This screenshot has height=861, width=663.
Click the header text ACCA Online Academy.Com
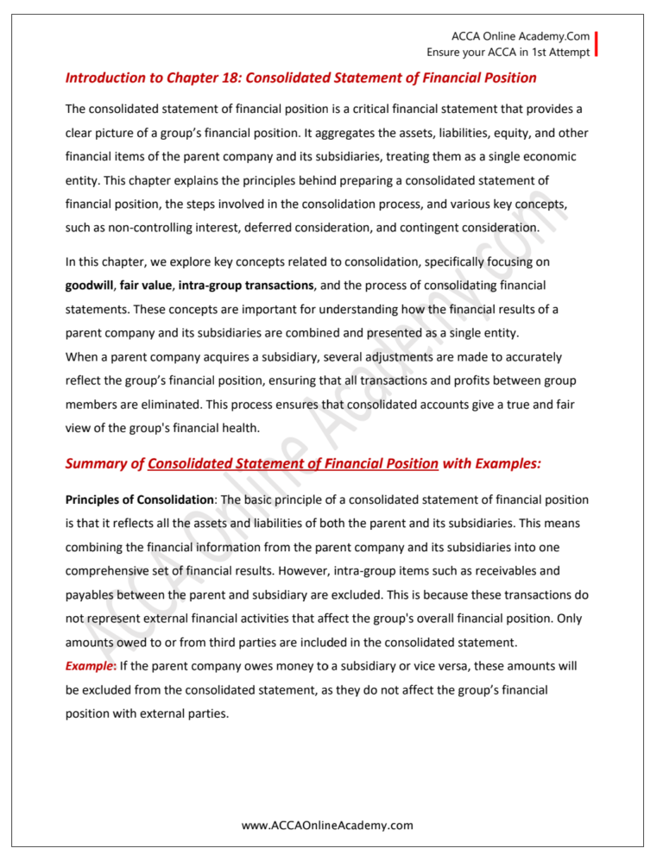pyautogui.click(x=521, y=36)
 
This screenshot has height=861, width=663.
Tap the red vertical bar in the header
pyautogui.click(x=596, y=44)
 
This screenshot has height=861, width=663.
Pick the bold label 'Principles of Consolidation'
pyautogui.click(x=139, y=500)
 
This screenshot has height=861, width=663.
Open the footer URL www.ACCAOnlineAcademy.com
pyautogui.click(x=327, y=826)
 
